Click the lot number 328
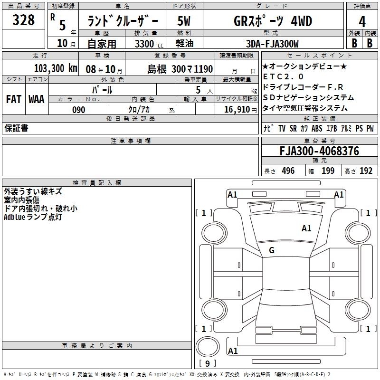click(x=23, y=20)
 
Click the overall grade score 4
click(x=362, y=22)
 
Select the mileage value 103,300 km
click(x=56, y=68)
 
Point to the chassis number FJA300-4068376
click(x=319, y=151)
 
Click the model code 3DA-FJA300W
click(x=272, y=44)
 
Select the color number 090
click(x=79, y=110)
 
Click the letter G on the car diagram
click(x=272, y=250)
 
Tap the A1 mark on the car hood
click(x=306, y=228)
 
